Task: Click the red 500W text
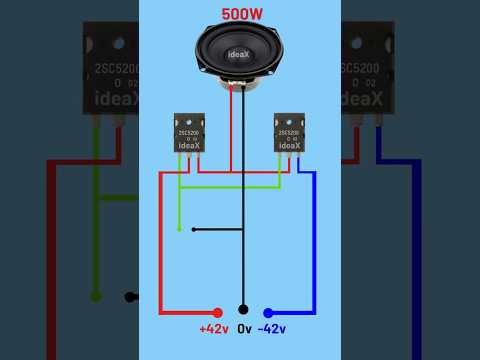pos(240,15)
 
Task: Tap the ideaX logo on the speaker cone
pos(239,54)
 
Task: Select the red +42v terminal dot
pos(218,312)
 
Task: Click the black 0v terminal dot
pos(243,310)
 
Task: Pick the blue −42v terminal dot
pos(268,312)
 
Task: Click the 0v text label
pos(243,329)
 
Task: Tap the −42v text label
pos(272,329)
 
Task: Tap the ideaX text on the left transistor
pos(190,146)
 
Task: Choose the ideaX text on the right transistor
pos(289,146)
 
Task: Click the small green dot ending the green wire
pos(179,229)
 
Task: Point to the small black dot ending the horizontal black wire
pos(193,229)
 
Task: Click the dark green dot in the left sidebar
pos(96,296)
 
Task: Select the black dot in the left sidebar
pos(129,296)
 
